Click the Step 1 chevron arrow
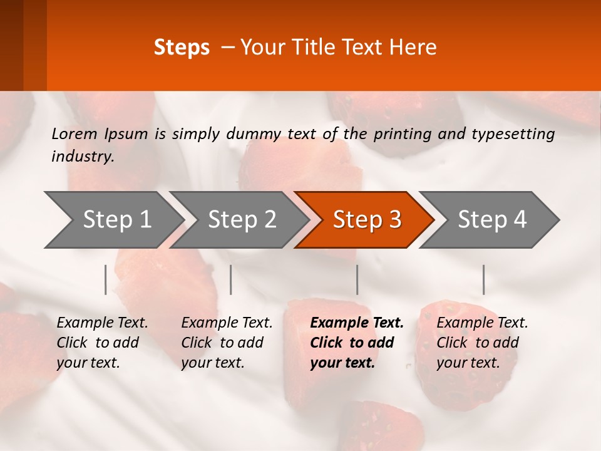(x=116, y=220)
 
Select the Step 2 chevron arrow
(x=241, y=220)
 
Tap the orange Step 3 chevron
(x=366, y=220)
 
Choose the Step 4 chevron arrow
(x=491, y=220)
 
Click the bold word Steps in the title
(x=182, y=48)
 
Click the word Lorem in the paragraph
(x=74, y=134)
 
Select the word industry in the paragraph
(x=81, y=157)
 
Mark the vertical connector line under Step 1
(x=106, y=279)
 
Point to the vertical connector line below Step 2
(x=231, y=279)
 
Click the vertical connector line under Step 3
(x=357, y=279)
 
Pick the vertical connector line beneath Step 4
(x=483, y=279)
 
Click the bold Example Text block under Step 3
(x=356, y=343)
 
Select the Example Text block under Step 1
(x=102, y=343)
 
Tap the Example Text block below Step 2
(x=227, y=343)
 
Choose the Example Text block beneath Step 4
(x=482, y=343)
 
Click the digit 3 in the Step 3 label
(x=394, y=220)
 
